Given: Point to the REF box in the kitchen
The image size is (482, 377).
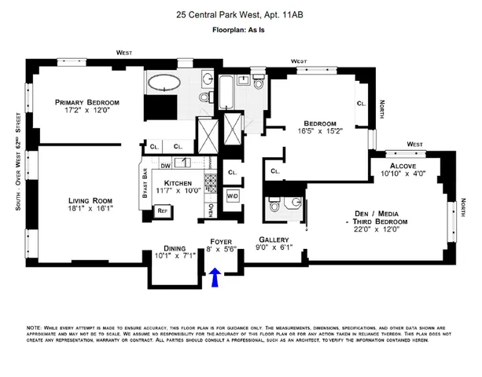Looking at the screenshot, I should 163,210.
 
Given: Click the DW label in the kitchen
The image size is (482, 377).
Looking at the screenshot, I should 165,165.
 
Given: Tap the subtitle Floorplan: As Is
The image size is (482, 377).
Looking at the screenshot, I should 241,31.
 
